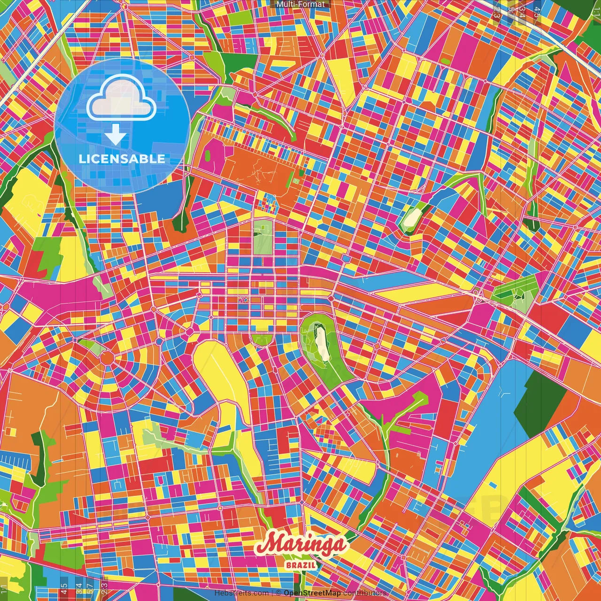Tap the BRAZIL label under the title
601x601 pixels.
(301, 565)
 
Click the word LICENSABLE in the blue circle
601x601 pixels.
(122, 159)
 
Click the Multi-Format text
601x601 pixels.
(300, 4)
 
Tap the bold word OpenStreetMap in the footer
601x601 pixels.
(312, 593)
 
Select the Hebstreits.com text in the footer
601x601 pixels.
(241, 593)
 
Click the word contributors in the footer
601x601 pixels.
(364, 593)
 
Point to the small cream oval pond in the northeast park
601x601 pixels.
(414, 217)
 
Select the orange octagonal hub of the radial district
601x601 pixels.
(107, 359)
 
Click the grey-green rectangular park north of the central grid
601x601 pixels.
(262, 237)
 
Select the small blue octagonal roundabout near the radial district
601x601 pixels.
(190, 332)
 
